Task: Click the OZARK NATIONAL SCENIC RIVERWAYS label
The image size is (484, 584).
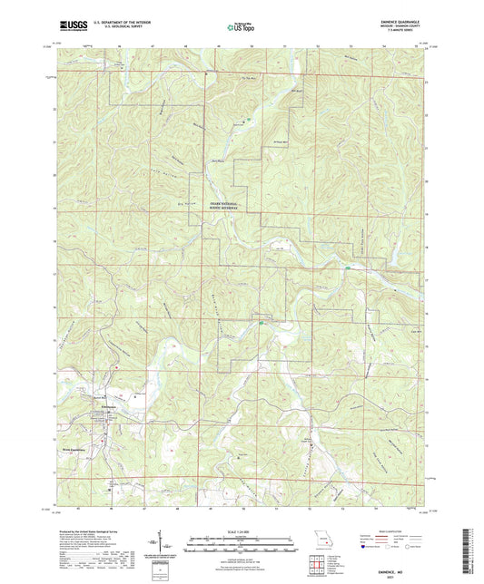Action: (234, 206)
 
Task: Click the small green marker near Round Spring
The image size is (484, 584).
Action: (262, 320)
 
